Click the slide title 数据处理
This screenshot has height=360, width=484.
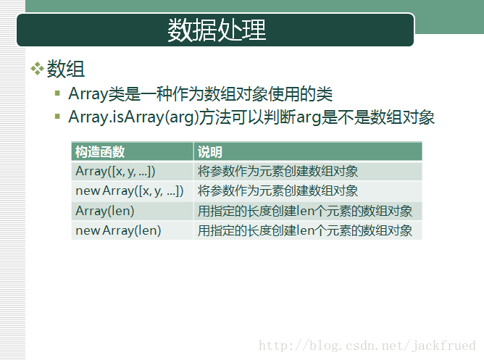tap(217, 30)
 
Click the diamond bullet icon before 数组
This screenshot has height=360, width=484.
tap(37, 69)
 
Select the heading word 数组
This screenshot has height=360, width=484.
tap(65, 69)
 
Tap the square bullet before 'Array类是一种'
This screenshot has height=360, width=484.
tap(57, 93)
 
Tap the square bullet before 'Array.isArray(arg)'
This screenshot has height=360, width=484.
tap(57, 117)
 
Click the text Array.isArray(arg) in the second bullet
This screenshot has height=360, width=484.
tap(133, 117)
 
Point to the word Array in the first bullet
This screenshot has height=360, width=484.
tap(88, 94)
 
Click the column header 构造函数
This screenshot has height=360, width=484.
tap(100, 152)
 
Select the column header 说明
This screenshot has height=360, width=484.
tap(210, 152)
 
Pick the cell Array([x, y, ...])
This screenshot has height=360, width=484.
tap(115, 171)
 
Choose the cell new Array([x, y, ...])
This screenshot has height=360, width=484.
tap(130, 191)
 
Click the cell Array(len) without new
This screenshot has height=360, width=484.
tap(105, 211)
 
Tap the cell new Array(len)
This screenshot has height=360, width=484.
tap(118, 230)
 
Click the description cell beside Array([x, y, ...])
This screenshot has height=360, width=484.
tap(278, 171)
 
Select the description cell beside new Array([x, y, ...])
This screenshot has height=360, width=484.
tap(278, 191)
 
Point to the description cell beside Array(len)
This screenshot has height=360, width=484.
tap(305, 211)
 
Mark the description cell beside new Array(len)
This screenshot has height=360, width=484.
tap(305, 230)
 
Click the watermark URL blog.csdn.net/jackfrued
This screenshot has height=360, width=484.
tap(367, 346)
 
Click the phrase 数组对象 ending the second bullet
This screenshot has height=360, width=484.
tap(402, 117)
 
